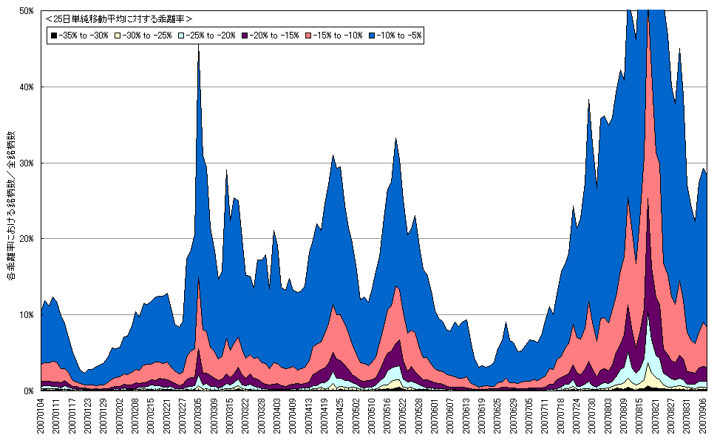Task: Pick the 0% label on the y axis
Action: point(30,391)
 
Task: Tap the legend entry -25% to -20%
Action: point(210,35)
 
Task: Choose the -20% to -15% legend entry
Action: point(273,35)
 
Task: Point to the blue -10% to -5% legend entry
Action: point(397,35)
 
